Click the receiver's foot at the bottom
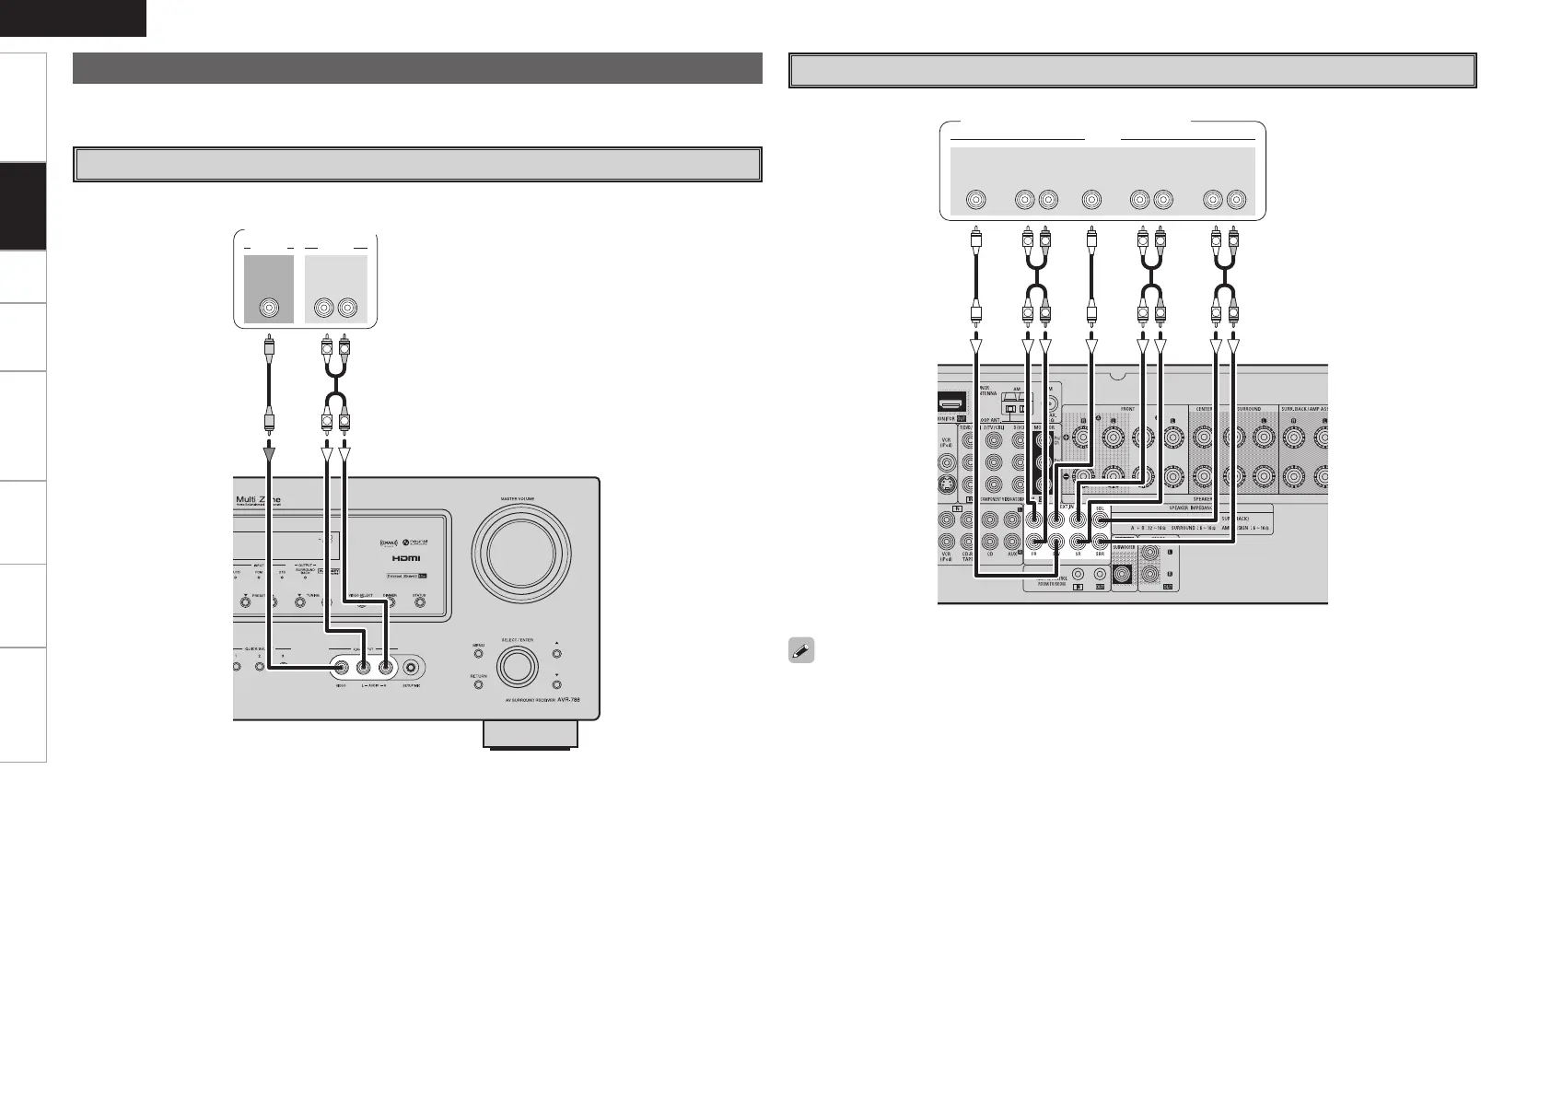(529, 734)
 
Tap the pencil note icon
(800, 650)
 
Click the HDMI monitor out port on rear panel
(950, 403)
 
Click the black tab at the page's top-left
(73, 18)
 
